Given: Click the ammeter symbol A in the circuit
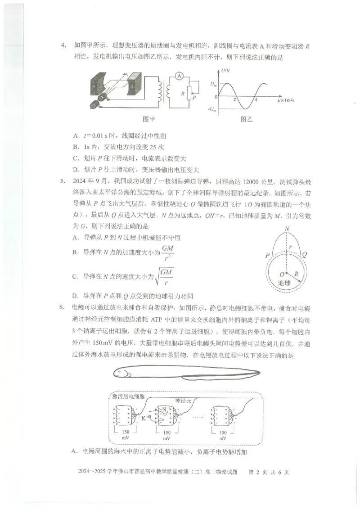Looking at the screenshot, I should [179, 77].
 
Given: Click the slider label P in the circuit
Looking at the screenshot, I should [194, 96].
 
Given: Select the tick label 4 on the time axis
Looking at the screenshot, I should [256, 99].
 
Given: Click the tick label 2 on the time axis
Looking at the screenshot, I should [234, 99].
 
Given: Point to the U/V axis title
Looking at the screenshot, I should [226, 71].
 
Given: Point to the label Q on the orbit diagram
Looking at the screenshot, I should [306, 254].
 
